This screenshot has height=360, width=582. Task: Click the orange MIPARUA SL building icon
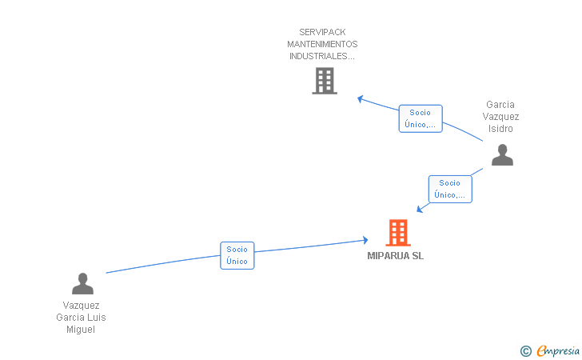[397, 233]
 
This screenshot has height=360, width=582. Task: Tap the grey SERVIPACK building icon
[324, 81]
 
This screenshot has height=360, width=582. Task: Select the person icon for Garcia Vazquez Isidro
[501, 154]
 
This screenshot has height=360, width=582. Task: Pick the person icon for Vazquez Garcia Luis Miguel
[82, 284]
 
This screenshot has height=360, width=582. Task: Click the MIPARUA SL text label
[395, 256]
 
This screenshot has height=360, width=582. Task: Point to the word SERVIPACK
[322, 32]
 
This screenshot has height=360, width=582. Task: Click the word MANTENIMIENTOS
[322, 44]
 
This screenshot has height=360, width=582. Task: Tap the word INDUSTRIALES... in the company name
[322, 56]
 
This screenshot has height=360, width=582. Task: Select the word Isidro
[500, 129]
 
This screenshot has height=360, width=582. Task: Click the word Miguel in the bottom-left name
[81, 330]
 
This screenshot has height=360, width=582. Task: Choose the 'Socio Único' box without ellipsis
[237, 255]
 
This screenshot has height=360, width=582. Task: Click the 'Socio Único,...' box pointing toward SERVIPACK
[420, 118]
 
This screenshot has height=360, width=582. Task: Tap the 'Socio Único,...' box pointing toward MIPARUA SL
[449, 189]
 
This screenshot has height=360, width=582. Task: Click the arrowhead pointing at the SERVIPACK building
[361, 99]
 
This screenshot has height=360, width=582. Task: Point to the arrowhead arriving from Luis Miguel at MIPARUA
[365, 239]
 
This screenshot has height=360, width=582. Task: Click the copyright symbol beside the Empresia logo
[525, 350]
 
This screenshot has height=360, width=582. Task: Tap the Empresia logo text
[558, 350]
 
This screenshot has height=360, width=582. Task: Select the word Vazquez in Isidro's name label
[500, 117]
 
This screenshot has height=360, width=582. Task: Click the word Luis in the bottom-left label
[97, 318]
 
